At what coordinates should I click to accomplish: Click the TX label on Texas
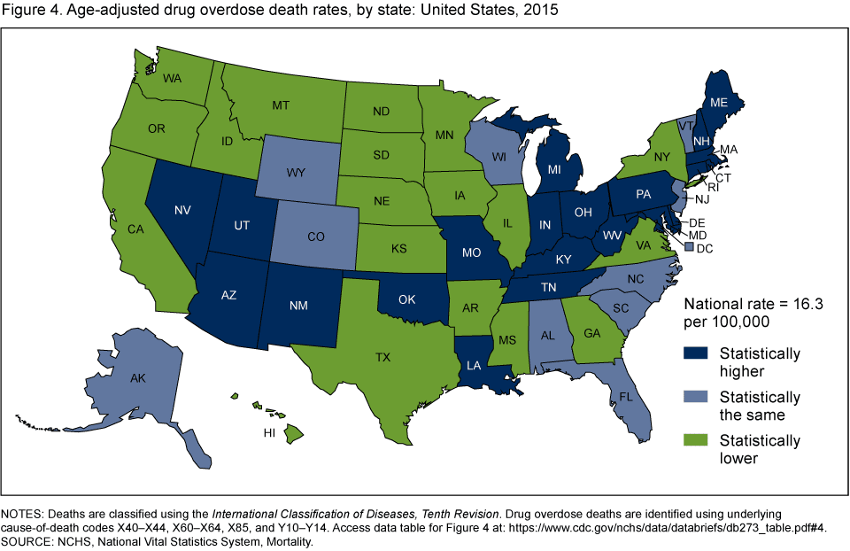coord(382,358)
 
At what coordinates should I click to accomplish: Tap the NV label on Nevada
coord(183,211)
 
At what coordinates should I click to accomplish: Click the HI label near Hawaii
coord(268,434)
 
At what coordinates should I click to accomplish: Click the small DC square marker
coord(690,249)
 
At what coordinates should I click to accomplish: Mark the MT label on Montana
coord(281,105)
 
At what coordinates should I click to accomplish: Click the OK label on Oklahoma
coord(406,299)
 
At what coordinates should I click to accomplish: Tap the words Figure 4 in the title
coord(34,11)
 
